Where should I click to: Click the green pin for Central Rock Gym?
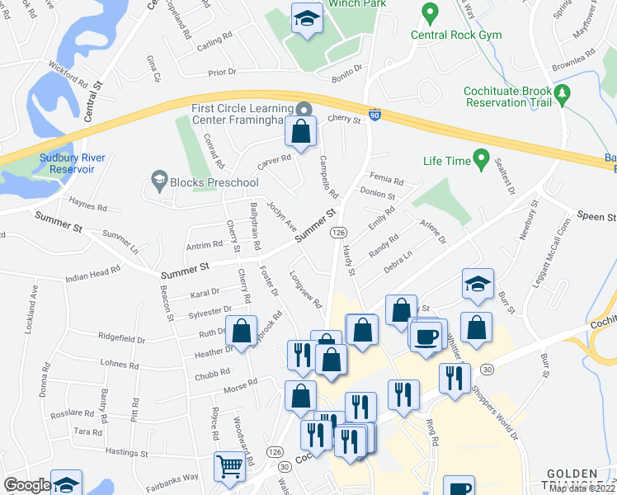click(429, 13)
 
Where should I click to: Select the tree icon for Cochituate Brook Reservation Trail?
click(563, 94)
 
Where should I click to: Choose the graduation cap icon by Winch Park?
click(307, 19)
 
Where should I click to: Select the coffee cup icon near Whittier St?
click(426, 336)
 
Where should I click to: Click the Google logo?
click(27, 485)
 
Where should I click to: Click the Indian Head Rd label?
click(99, 276)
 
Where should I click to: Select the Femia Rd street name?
click(387, 181)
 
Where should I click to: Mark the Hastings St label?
click(126, 452)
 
